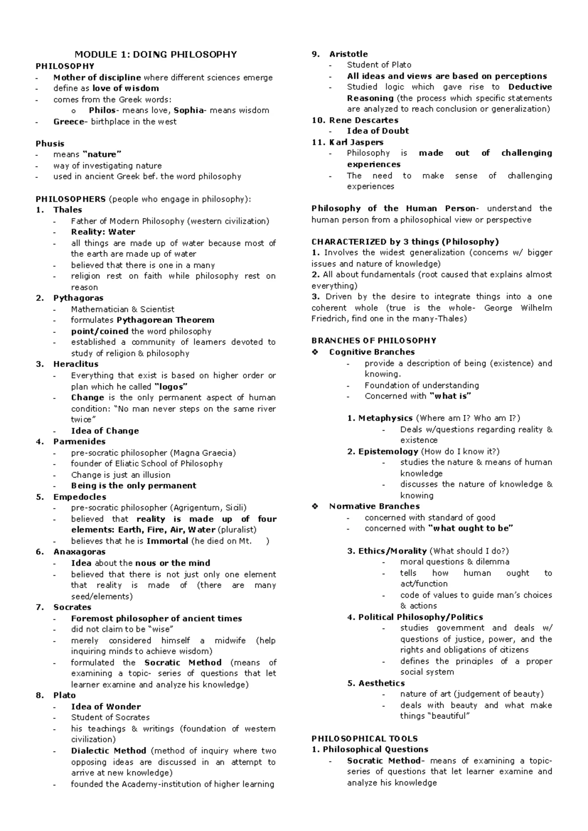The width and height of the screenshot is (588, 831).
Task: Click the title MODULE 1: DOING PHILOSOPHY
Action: [155, 54]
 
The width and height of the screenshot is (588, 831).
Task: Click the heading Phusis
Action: [50, 144]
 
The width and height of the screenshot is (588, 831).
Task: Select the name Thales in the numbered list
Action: [68, 210]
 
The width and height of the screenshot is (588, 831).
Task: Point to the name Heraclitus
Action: [75, 364]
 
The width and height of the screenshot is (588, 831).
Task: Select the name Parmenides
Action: [78, 441]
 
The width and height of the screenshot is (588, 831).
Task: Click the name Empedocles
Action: [79, 497]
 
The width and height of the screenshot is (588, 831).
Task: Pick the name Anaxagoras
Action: [79, 552]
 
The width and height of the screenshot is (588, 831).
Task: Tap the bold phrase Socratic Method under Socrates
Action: [183, 662]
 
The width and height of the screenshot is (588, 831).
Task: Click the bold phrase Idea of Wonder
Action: [106, 707]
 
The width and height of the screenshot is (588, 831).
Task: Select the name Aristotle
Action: [348, 54]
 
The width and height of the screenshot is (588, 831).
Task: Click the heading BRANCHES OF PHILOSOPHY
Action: [374, 341]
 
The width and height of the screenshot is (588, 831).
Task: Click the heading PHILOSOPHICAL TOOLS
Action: [365, 738]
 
